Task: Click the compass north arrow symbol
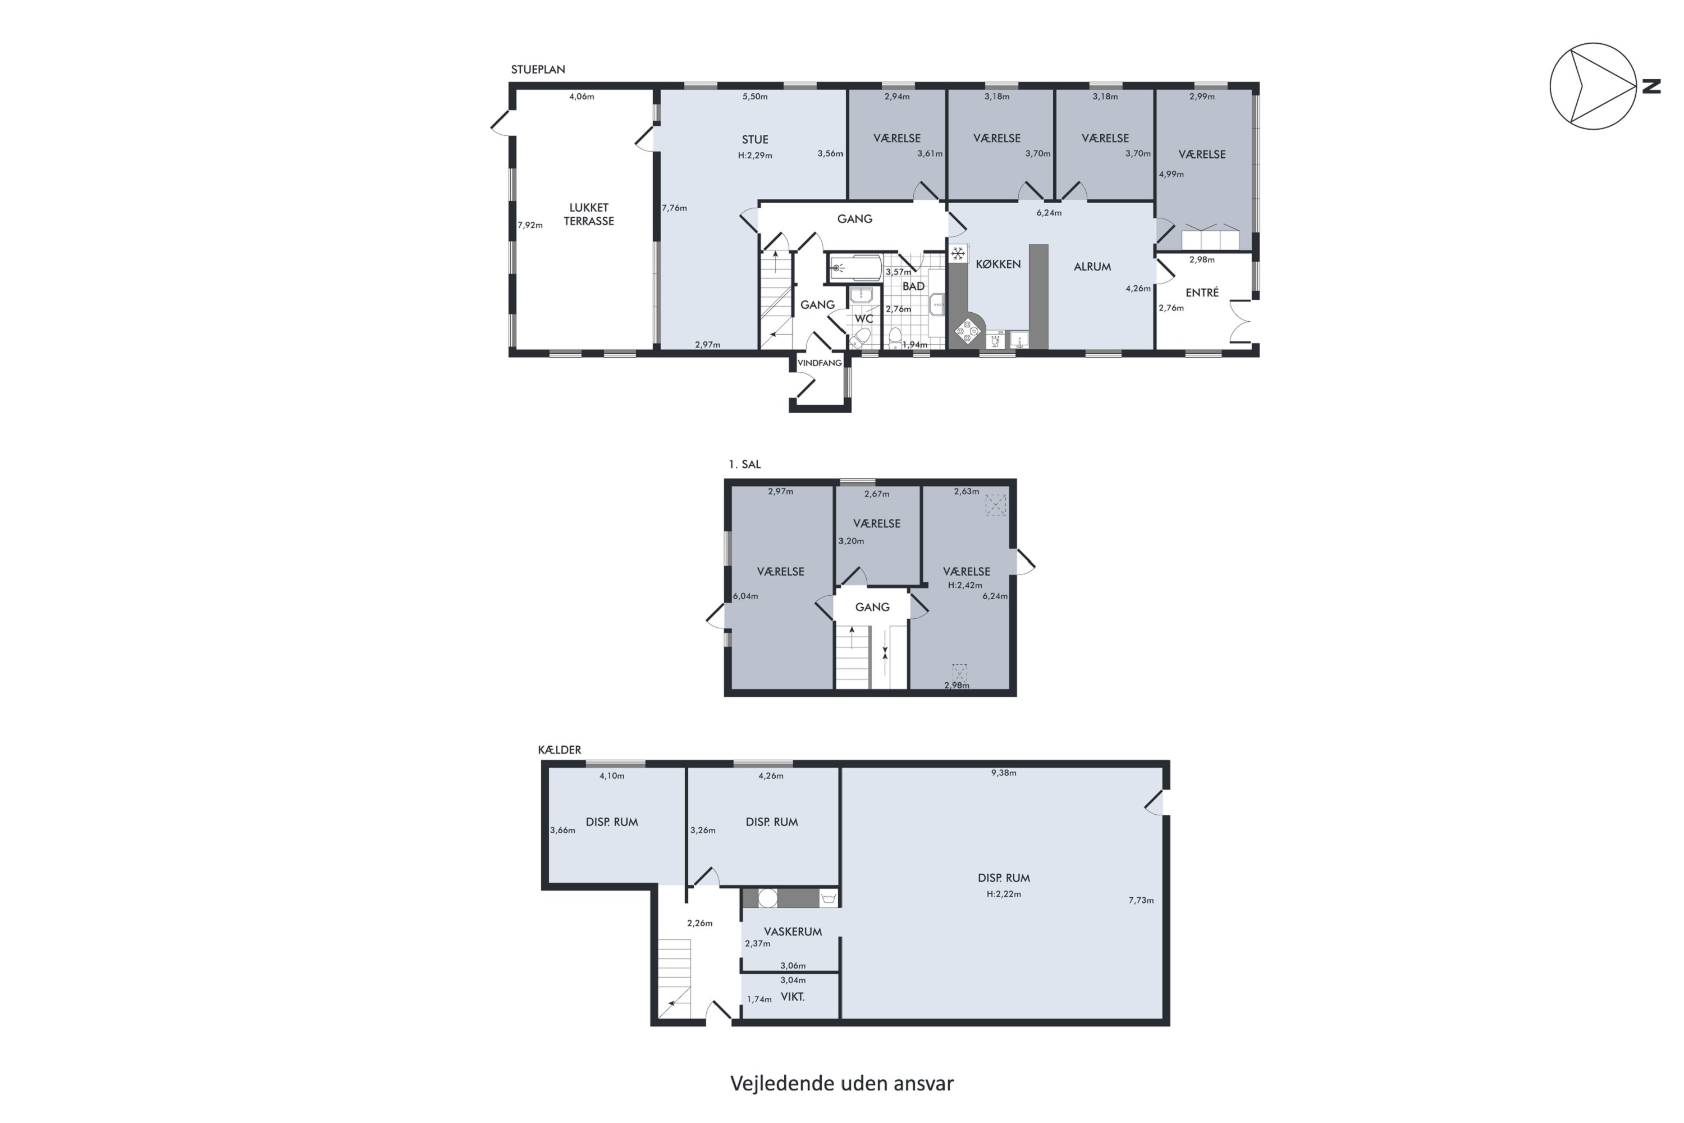pyautogui.click(x=1593, y=86)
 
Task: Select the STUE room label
pyautogui.click(x=754, y=140)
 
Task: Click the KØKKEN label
pyautogui.click(x=998, y=264)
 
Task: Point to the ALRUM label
pyautogui.click(x=1092, y=266)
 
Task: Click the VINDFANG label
pyautogui.click(x=819, y=363)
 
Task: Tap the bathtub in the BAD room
pyautogui.click(x=855, y=268)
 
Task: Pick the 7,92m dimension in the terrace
pyautogui.click(x=530, y=225)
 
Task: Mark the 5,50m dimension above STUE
pyautogui.click(x=754, y=97)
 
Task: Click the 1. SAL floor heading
pyautogui.click(x=745, y=464)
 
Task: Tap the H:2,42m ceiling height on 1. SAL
pyautogui.click(x=965, y=585)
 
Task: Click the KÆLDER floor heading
pyautogui.click(x=559, y=750)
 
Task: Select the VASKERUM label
pyautogui.click(x=793, y=932)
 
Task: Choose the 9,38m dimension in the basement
pyautogui.click(x=1003, y=773)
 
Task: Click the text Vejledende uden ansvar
pyautogui.click(x=842, y=1083)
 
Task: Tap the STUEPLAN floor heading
pyautogui.click(x=538, y=70)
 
